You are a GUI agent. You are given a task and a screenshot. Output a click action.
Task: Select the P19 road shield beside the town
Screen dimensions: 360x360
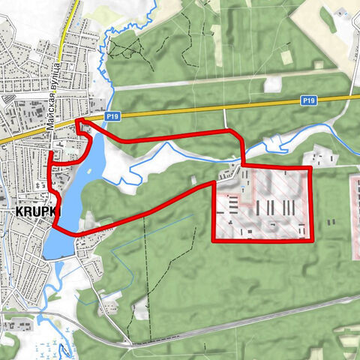112,116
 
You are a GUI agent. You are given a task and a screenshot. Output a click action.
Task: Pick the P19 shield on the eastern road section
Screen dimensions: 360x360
309,99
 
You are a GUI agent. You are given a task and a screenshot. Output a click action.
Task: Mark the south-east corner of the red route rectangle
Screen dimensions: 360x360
309,240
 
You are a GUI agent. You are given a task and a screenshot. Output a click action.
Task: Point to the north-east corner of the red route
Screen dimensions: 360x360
309,168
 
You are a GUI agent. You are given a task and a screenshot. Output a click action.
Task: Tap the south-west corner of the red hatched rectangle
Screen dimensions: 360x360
214,240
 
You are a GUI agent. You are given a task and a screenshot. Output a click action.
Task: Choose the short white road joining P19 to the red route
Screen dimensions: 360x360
226,118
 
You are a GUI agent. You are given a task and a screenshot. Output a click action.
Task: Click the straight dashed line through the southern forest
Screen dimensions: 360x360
147,277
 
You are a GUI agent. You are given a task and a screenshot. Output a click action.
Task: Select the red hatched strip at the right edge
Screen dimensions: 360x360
355,217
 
